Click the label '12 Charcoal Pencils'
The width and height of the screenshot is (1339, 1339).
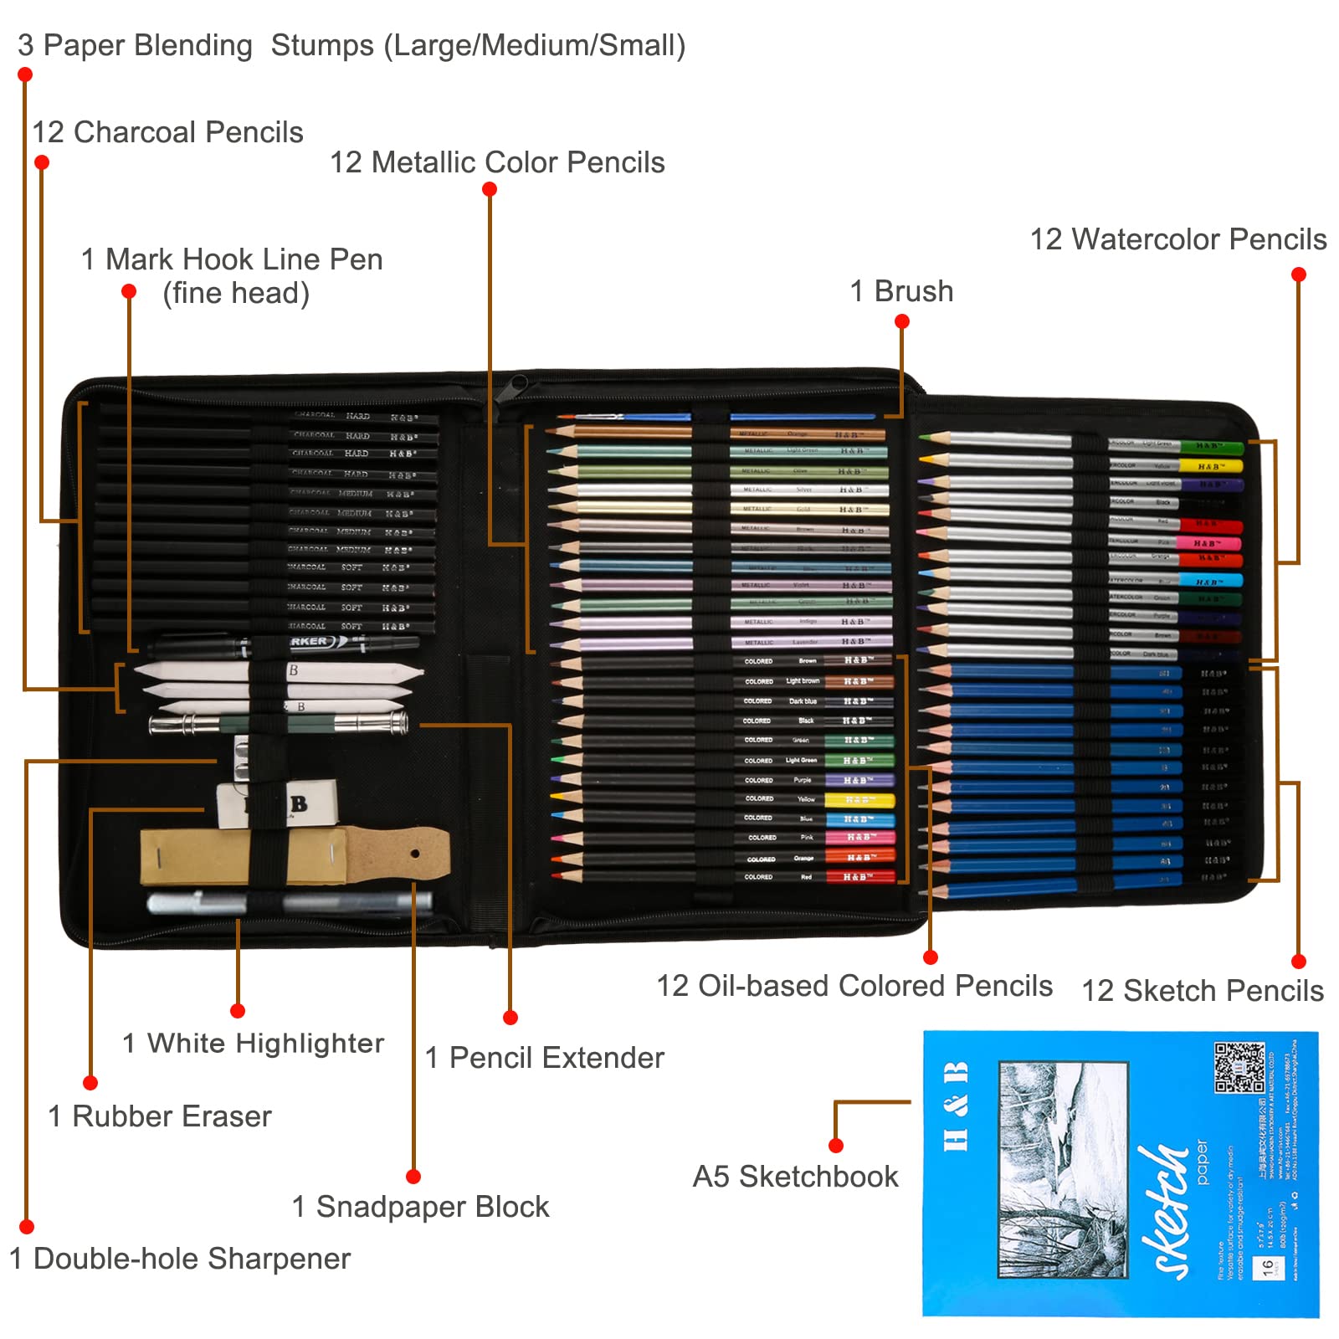(x=167, y=132)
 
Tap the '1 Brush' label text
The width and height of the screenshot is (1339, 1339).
(x=901, y=291)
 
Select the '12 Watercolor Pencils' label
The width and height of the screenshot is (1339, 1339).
(x=1177, y=239)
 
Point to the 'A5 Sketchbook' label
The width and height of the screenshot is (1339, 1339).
(x=795, y=1177)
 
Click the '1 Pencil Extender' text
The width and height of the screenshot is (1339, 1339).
(x=544, y=1058)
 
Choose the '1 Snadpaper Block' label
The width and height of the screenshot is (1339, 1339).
(x=420, y=1207)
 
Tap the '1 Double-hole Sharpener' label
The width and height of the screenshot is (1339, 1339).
(x=179, y=1259)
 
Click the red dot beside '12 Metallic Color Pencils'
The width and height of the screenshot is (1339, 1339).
(x=490, y=189)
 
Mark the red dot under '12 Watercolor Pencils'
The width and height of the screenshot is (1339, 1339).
(x=1298, y=274)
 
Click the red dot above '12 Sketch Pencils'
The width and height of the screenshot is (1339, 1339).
(x=1298, y=962)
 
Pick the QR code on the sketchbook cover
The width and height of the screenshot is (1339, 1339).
(x=1239, y=1067)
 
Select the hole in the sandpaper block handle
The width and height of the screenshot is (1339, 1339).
(x=415, y=854)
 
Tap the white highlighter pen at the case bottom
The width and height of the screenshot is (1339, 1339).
(x=289, y=903)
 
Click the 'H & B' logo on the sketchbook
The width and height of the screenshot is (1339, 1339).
(x=956, y=1106)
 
